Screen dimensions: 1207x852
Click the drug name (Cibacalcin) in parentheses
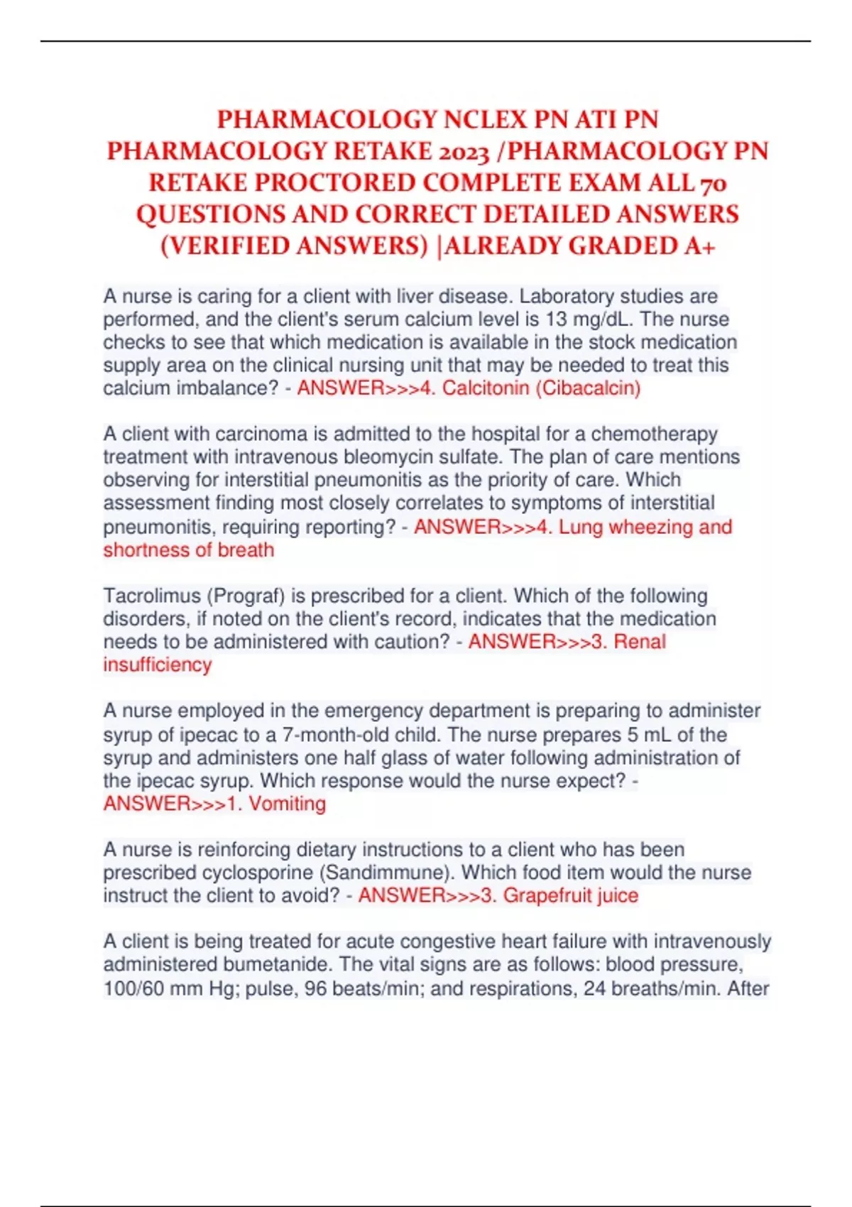[591, 388]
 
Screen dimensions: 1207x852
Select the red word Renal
[640, 642]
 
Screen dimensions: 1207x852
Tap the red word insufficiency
[158, 665]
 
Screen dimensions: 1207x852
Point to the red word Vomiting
[287, 804]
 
